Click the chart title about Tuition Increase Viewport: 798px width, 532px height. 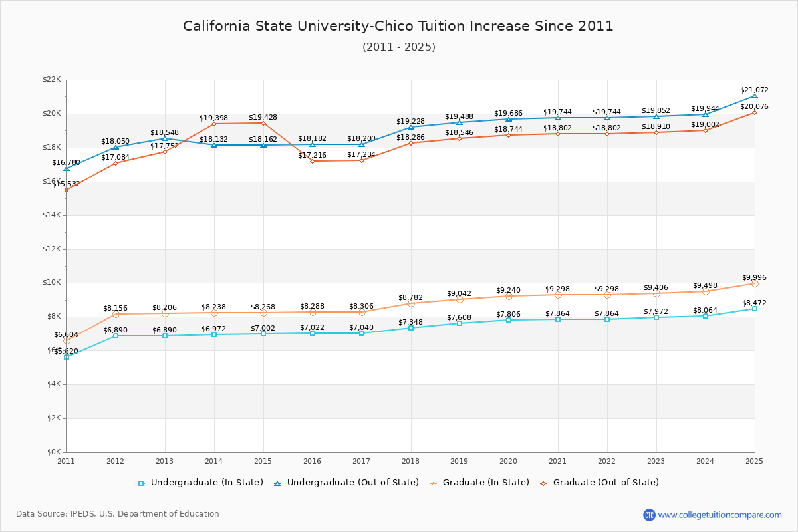(x=398, y=26)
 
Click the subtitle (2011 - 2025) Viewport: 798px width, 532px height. (x=398, y=47)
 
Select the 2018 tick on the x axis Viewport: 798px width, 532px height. (x=410, y=460)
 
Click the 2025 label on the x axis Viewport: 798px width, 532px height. (x=754, y=460)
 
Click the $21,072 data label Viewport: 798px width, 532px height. (x=754, y=90)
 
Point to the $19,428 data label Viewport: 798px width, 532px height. (x=263, y=117)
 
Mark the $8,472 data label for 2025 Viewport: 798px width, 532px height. (x=754, y=303)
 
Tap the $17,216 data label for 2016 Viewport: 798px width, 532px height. (x=312, y=155)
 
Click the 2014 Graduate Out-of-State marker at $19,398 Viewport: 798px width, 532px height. (x=214, y=124)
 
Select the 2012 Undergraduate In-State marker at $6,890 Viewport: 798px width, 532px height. (x=116, y=336)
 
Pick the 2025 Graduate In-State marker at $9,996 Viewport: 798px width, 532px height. (x=754, y=283)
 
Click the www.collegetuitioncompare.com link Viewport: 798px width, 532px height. (x=720, y=515)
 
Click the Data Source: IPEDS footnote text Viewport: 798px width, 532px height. (x=118, y=514)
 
